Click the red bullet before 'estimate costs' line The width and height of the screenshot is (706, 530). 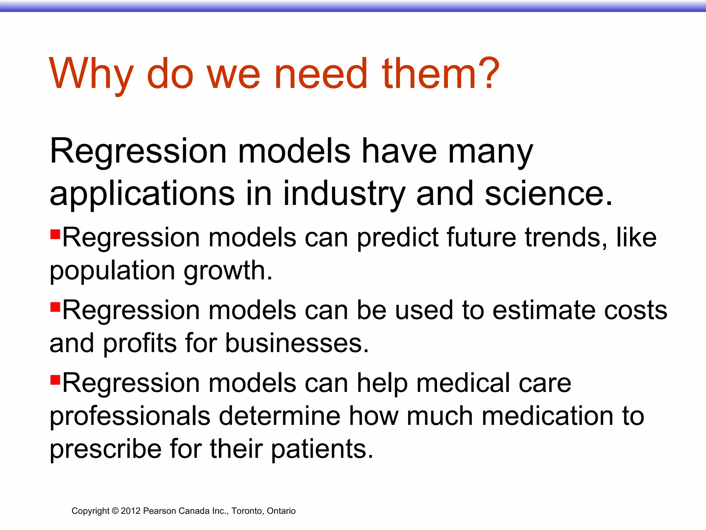[x=55, y=306]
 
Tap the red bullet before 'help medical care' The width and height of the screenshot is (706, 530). [x=55, y=380]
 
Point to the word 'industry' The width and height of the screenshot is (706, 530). [x=344, y=194]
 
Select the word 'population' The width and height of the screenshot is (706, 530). [x=112, y=271]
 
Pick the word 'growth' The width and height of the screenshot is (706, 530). [x=228, y=271]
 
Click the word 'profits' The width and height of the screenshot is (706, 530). [x=140, y=343]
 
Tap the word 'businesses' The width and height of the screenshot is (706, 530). [x=297, y=343]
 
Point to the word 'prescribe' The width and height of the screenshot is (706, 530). [x=105, y=449]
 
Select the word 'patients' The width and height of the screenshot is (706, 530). [x=322, y=449]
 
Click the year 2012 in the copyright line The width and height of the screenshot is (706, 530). [x=131, y=511]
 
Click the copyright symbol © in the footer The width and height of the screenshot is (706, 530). [x=115, y=511]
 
